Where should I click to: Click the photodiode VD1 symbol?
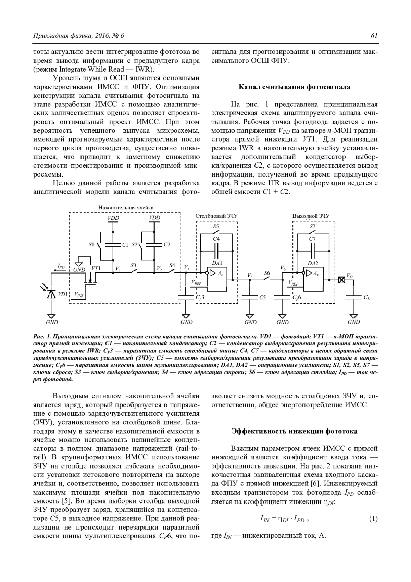[51, 294]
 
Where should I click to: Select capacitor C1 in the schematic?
[113, 245]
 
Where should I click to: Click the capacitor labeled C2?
[154, 245]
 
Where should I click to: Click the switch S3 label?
[134, 266]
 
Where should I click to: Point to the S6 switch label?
[267, 273]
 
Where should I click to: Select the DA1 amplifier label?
[217, 263]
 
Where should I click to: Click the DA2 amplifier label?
[313, 263]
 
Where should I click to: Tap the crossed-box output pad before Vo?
[341, 280]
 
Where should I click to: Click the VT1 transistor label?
[96, 268]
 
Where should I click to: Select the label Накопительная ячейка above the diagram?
[126, 208]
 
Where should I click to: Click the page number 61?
[374, 36]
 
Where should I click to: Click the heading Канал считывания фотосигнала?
[294, 87]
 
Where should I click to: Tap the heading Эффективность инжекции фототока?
[294, 431]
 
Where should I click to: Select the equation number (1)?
[373, 519]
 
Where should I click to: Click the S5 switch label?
[216, 227]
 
